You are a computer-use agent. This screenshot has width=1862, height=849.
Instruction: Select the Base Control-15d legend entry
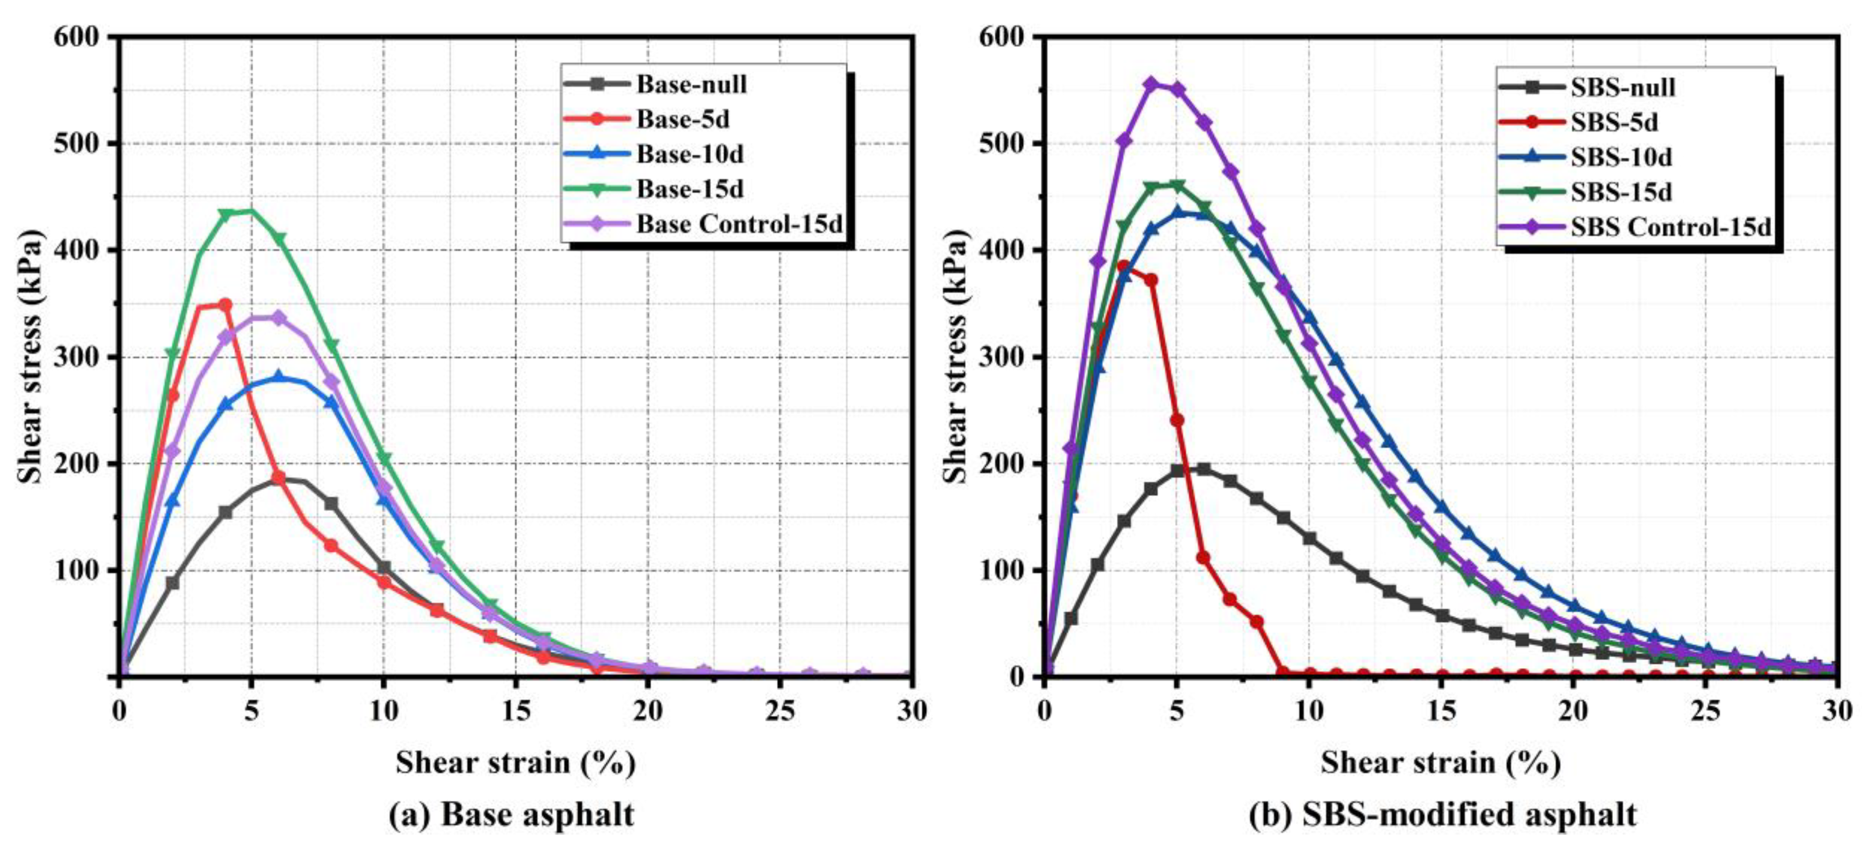click(x=739, y=224)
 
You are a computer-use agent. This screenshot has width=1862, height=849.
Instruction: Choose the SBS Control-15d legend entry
click(x=1670, y=227)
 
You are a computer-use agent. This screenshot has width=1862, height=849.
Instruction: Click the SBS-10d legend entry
click(x=1621, y=157)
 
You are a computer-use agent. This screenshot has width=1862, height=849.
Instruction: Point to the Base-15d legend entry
click(x=690, y=189)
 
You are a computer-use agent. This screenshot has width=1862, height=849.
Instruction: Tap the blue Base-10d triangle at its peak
click(x=278, y=377)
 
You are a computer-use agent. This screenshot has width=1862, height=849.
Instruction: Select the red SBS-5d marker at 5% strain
click(x=1177, y=420)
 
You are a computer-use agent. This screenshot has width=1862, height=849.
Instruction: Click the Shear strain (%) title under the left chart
click(x=515, y=763)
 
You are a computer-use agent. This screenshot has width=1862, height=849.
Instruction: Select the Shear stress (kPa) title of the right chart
click(x=955, y=356)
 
